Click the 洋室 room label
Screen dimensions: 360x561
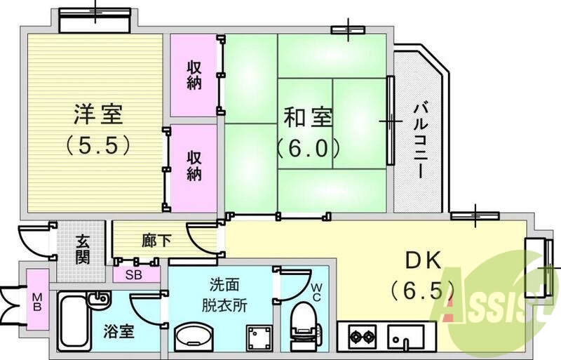click(97, 113)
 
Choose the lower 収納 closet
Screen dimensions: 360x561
click(194, 166)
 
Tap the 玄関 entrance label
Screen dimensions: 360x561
click(82, 250)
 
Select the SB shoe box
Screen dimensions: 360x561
click(133, 274)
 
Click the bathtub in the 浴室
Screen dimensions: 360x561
click(76, 322)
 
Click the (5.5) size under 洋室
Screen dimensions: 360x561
click(97, 145)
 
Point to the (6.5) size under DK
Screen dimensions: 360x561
click(424, 289)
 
